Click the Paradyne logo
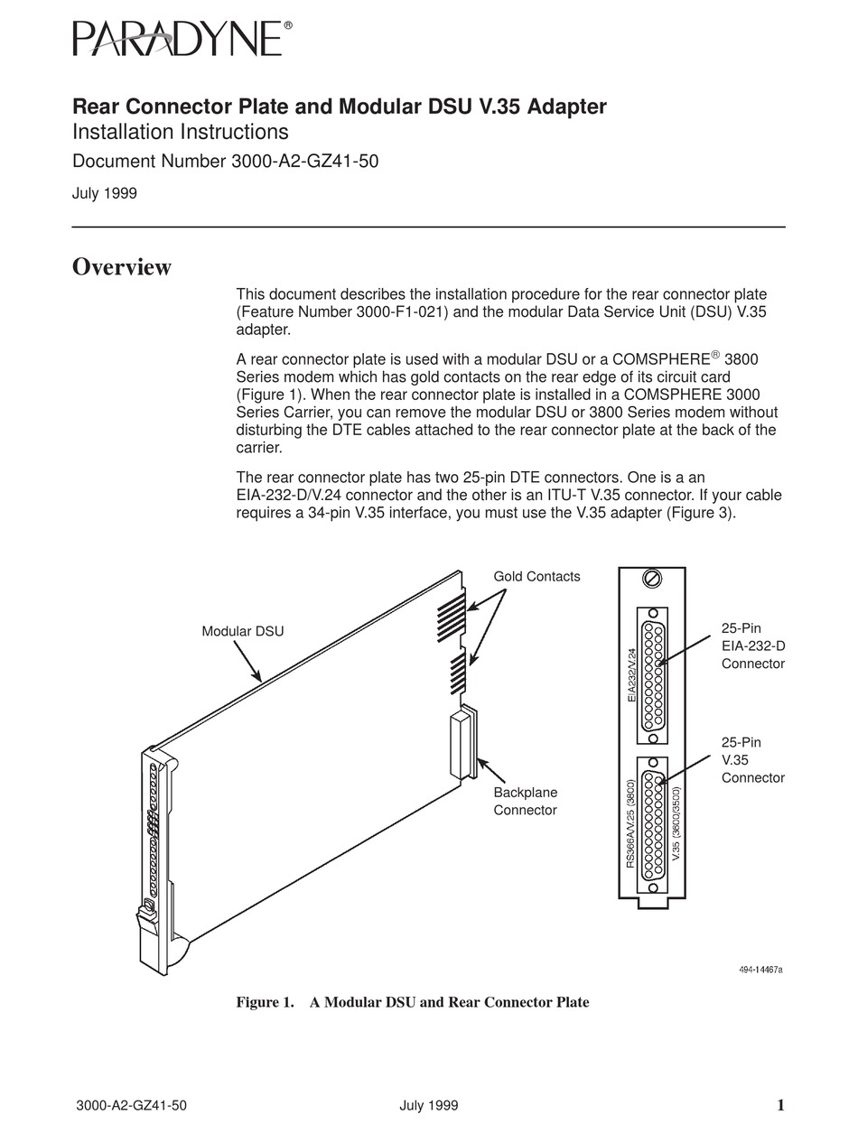(x=182, y=41)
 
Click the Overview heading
(x=122, y=267)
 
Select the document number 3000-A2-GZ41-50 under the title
(x=225, y=162)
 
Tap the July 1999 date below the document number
(x=105, y=192)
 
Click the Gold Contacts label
(x=536, y=576)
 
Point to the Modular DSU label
(x=242, y=631)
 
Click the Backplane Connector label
(x=525, y=801)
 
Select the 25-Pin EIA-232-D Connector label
(x=752, y=645)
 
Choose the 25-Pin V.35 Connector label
(x=752, y=759)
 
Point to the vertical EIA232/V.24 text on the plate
(x=632, y=674)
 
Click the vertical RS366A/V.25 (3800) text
(x=630, y=823)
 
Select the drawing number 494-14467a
(x=760, y=970)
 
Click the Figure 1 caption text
(x=412, y=1002)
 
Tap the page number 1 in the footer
(x=779, y=1105)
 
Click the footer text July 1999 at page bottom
(x=428, y=1105)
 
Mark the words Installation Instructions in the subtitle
(x=180, y=132)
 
